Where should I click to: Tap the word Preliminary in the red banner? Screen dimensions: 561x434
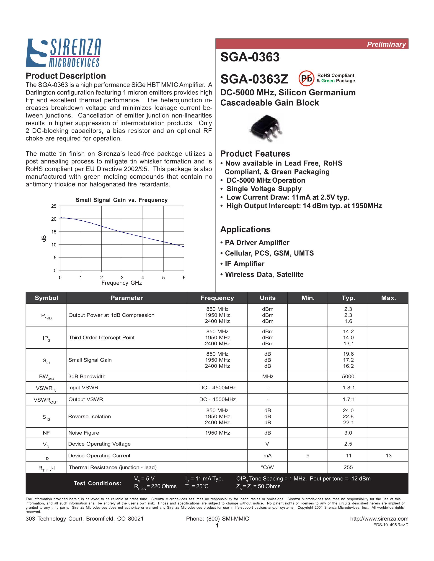pos(386,44)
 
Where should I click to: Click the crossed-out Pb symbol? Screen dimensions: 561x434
pos(306,78)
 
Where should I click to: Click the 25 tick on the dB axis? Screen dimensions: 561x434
pos(54,206)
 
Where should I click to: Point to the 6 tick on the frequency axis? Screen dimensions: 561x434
pos(184,277)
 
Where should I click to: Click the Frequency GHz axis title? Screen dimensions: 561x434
pos(122,283)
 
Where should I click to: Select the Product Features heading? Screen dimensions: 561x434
pos(255,154)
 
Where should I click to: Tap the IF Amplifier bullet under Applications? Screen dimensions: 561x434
pos(242,264)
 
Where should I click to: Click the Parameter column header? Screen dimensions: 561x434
pos(127,298)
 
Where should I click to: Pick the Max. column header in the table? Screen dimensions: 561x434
pos(388,298)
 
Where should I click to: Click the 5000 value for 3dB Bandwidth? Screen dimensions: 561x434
pos(348,376)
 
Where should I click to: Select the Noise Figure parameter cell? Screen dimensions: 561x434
pos(84,433)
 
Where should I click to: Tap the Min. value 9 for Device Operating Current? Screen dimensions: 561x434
pos(308,455)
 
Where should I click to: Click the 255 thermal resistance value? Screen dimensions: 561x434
pos(348,467)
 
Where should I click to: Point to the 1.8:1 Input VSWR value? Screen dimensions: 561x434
pos(348,388)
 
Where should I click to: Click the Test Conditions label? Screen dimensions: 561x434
pos(97,483)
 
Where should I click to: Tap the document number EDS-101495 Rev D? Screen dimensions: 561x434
pos(390,525)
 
